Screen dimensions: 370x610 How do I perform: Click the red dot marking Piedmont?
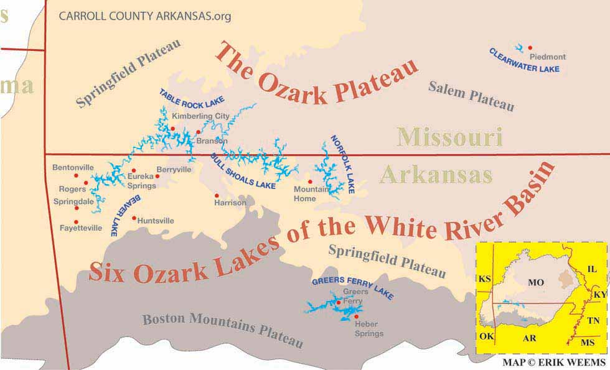click(x=530, y=47)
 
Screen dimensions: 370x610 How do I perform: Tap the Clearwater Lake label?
click(x=524, y=61)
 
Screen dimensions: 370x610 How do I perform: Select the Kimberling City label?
click(x=201, y=116)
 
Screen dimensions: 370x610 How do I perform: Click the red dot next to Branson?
click(x=198, y=132)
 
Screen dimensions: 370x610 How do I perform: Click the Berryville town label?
click(x=174, y=169)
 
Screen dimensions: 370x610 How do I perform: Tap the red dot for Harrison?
click(x=217, y=195)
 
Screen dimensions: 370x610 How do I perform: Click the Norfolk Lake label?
click(x=342, y=165)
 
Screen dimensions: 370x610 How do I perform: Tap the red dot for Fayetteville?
click(x=77, y=221)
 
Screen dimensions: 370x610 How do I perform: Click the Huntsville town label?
click(x=156, y=221)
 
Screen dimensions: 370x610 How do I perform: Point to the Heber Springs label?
click(x=368, y=329)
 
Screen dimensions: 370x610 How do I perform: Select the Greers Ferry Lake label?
click(x=352, y=287)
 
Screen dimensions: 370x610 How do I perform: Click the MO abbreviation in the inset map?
click(x=535, y=283)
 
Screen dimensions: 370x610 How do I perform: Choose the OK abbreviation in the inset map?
click(x=487, y=336)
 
